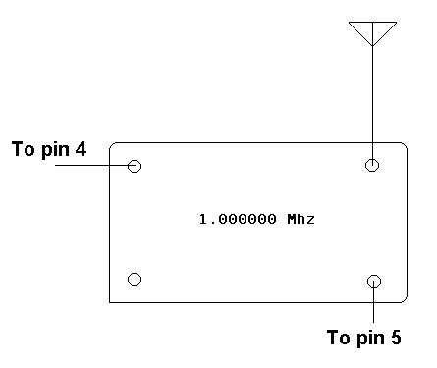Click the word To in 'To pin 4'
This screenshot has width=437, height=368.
(22, 150)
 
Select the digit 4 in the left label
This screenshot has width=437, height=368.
(81, 150)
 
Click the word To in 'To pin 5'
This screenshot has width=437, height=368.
(339, 338)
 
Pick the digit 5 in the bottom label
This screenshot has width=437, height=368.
(396, 338)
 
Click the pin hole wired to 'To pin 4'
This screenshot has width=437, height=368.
(135, 166)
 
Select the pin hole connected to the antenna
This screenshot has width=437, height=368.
(372, 165)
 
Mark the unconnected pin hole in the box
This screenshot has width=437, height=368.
(135, 280)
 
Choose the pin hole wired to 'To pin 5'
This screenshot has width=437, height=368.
(373, 283)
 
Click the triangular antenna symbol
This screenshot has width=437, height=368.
(372, 32)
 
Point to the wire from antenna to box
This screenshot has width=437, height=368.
(372, 98)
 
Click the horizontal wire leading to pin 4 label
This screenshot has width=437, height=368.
(93, 166)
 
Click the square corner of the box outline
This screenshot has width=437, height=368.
(110, 301)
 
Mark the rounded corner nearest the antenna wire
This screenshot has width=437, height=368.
(403, 147)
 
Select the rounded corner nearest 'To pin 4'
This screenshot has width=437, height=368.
(113, 147)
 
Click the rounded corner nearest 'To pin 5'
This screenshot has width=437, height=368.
(403, 297)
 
